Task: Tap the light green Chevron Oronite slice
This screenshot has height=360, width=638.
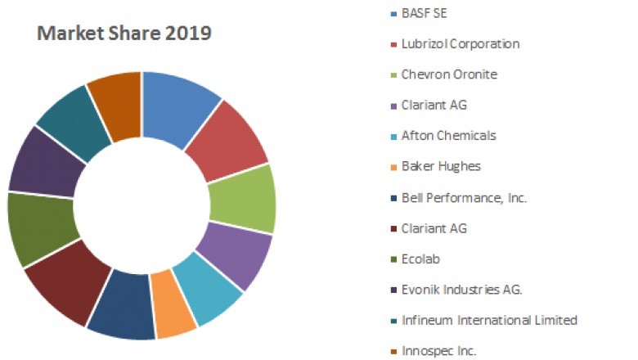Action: tap(243, 199)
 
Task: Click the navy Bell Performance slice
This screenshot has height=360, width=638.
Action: tap(123, 306)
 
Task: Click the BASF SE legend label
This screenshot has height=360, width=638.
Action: tap(425, 13)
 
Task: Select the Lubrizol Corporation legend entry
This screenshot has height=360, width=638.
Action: tap(460, 43)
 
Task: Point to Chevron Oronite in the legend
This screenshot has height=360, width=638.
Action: tap(448, 74)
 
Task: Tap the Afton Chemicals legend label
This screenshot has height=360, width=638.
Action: tap(448, 136)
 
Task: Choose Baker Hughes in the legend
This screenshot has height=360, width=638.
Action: tap(441, 166)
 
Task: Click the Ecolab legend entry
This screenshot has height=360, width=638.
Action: tap(420, 259)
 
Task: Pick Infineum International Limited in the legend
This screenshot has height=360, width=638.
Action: tap(489, 320)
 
